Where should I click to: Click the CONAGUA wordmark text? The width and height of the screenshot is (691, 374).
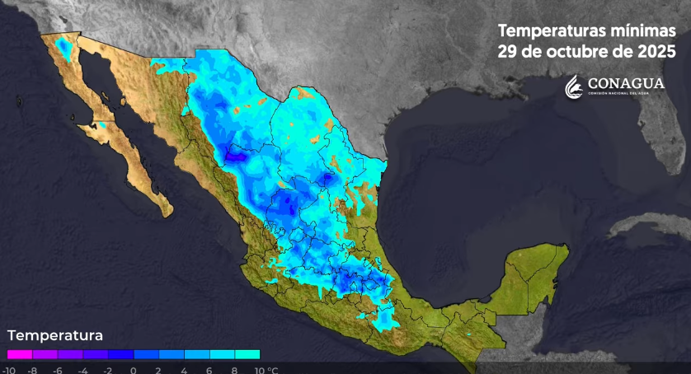[x=626, y=82]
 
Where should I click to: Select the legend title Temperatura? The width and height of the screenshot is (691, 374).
[x=54, y=336]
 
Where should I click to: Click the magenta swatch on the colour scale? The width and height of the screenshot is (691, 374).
[x=19, y=354]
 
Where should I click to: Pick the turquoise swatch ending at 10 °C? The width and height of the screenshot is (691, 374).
[x=247, y=354]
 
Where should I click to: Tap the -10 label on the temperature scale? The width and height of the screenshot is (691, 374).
[x=8, y=369]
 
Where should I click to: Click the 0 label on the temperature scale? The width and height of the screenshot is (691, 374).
[x=133, y=369]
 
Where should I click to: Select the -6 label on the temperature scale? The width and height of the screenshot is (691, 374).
[x=58, y=369]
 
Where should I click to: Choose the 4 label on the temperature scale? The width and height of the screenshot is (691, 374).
[x=184, y=369]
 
